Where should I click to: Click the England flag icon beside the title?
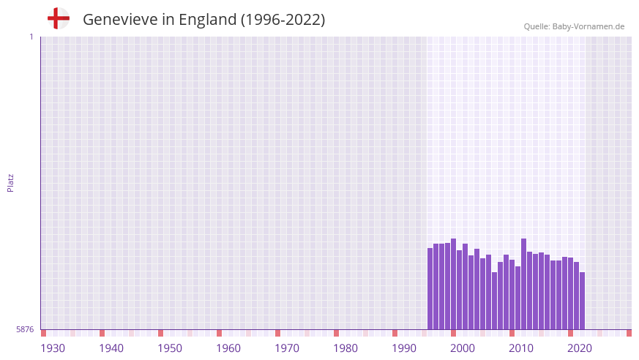[x=59, y=18]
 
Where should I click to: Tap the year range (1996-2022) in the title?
[x=283, y=20]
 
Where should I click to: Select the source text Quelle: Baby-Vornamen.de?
[x=574, y=26]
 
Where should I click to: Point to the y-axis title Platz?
[x=10, y=182]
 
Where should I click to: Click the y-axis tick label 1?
[x=31, y=37]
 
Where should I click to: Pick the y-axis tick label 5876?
[x=25, y=330]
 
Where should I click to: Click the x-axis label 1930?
[x=53, y=348]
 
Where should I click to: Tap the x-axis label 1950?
[x=170, y=348]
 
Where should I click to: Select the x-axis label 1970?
[x=287, y=348]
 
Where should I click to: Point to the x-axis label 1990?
[x=404, y=348]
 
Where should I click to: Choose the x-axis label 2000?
[x=463, y=348]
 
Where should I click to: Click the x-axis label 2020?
[x=580, y=348]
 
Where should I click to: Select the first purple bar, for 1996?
[x=430, y=289]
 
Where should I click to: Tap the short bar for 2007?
[x=495, y=301]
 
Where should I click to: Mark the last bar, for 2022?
[x=583, y=301]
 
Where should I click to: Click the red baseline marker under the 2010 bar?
[x=512, y=333]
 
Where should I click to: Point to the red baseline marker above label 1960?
[x=220, y=333]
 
